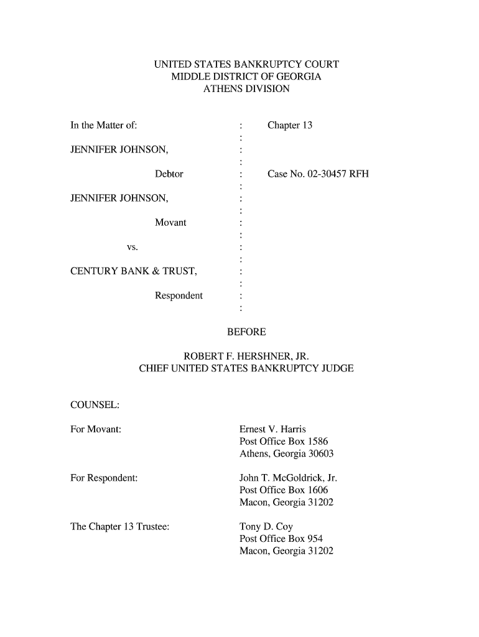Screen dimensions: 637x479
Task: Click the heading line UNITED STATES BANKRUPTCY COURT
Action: [x=246, y=64]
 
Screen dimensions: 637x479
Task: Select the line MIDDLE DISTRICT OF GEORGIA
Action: [x=246, y=77]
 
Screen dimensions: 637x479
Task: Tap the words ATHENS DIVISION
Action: [x=246, y=89]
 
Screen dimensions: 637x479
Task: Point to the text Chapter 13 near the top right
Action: [x=289, y=126]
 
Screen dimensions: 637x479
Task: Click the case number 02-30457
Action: [x=323, y=174]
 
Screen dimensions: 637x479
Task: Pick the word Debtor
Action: [x=169, y=174]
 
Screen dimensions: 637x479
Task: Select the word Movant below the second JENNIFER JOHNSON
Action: [x=170, y=223]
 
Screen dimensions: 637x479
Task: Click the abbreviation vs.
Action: [x=132, y=247]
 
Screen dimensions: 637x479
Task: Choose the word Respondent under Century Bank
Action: [x=179, y=295]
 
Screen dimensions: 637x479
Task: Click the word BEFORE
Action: [x=246, y=332]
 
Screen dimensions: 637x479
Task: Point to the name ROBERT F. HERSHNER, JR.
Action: [x=246, y=356]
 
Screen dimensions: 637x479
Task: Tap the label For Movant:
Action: [x=96, y=429]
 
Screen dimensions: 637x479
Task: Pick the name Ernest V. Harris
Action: [x=272, y=429]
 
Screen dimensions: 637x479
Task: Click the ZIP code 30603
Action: [x=321, y=453]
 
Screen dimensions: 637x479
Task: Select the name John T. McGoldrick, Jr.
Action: [x=288, y=478]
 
